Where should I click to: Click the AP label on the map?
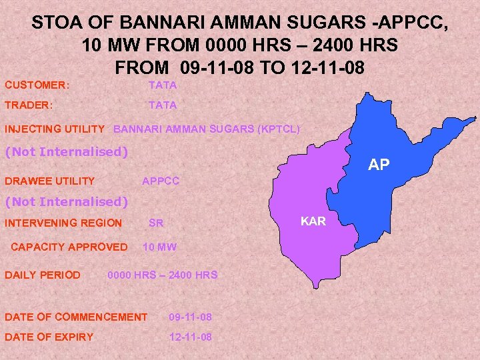point(379,165)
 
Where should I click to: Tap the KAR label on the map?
point(313,221)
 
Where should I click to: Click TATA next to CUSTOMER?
point(163,85)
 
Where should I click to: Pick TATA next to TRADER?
point(163,105)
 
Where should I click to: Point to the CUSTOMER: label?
point(38,85)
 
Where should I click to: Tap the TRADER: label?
point(29,105)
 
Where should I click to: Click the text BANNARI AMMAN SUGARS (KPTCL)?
point(207,129)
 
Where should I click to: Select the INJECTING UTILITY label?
point(55,129)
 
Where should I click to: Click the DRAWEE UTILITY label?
point(50,181)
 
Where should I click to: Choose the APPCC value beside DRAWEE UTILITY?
point(161,181)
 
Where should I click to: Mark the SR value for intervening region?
point(156,223)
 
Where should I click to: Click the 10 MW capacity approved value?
point(160,247)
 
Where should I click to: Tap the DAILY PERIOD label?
point(43,275)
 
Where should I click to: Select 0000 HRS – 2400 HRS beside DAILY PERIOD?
point(163,275)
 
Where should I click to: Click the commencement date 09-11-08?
point(191,317)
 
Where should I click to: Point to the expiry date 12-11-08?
point(191,337)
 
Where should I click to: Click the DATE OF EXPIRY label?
point(49,337)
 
